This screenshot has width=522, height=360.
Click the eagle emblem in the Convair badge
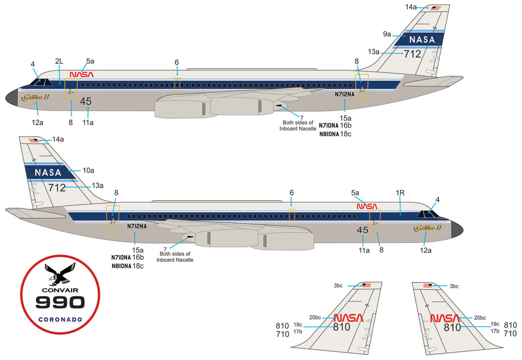coord(60,274)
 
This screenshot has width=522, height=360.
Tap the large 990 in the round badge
coord(60,303)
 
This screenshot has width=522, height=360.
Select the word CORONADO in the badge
coord(60,319)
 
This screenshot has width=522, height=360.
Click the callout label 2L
coord(59,61)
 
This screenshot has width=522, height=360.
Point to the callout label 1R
coord(400,193)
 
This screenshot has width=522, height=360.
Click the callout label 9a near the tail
coord(387,34)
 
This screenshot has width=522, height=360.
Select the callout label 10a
coord(88,171)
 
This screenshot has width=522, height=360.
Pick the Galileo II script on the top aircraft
coord(35,97)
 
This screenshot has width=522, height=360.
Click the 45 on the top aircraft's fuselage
coord(86,101)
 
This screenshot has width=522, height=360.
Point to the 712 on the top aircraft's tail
coord(412,54)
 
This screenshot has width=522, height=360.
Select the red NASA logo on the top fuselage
coord(81,74)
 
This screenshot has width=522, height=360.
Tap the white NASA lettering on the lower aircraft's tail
coord(48,172)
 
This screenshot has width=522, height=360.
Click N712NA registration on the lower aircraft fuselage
coord(137,226)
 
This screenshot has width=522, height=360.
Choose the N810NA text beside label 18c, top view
coord(329,134)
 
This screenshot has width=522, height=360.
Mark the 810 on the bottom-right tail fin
coord(452,328)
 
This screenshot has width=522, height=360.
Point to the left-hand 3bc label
coord(338,285)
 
